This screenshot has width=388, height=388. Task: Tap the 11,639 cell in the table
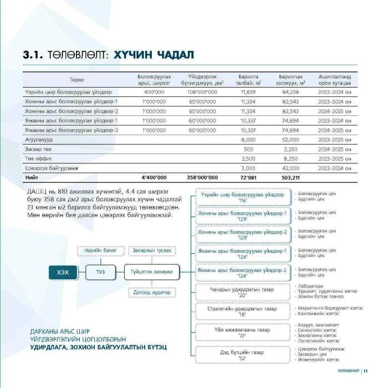pyautogui.click(x=248, y=92)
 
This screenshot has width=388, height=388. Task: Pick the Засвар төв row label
pyautogui.click(x=38, y=149)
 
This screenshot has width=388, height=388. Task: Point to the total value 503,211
pyautogui.click(x=290, y=177)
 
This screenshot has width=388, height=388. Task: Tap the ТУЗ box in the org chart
pyautogui.click(x=100, y=272)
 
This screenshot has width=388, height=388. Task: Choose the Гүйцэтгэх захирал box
pyautogui.click(x=152, y=272)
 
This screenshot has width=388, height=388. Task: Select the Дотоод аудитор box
pyautogui.click(x=152, y=292)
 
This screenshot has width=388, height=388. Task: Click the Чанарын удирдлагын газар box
pyautogui.click(x=242, y=292)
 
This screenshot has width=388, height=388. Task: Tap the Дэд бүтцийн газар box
pyautogui.click(x=242, y=355)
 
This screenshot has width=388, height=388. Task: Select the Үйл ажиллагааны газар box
pyautogui.click(x=242, y=333)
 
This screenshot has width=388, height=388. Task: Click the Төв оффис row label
pyautogui.click(x=37, y=159)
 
